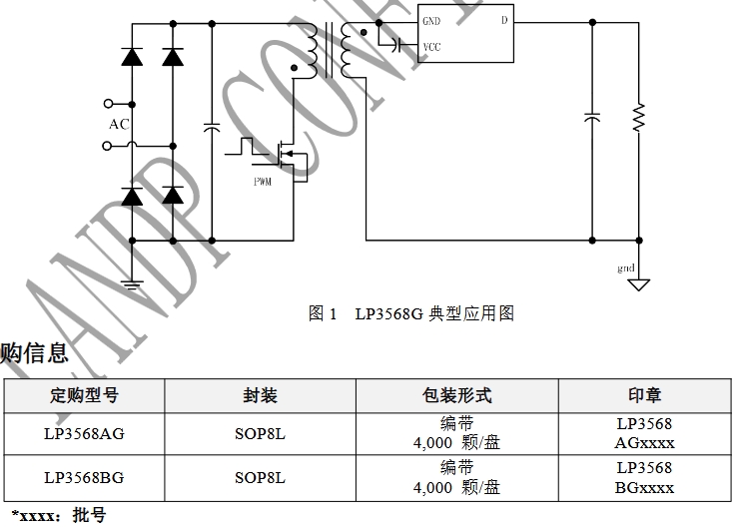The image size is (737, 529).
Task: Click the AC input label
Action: click(120, 124)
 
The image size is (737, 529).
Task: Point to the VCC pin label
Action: click(431, 46)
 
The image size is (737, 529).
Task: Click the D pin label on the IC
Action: click(503, 21)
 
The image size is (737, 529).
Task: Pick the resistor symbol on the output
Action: click(639, 118)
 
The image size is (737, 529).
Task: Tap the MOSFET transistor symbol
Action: click(290, 155)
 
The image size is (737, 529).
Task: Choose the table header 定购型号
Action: click(85, 395)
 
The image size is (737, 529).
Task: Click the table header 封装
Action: click(260, 395)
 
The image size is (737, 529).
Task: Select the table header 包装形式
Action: click(457, 395)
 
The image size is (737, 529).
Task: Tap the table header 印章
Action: click(644, 395)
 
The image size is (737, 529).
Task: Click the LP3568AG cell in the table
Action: click(85, 433)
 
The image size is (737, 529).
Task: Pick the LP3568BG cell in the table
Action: click(85, 477)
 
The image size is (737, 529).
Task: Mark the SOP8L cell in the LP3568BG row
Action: click(260, 477)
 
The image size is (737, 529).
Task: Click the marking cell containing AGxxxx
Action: click(644, 433)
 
